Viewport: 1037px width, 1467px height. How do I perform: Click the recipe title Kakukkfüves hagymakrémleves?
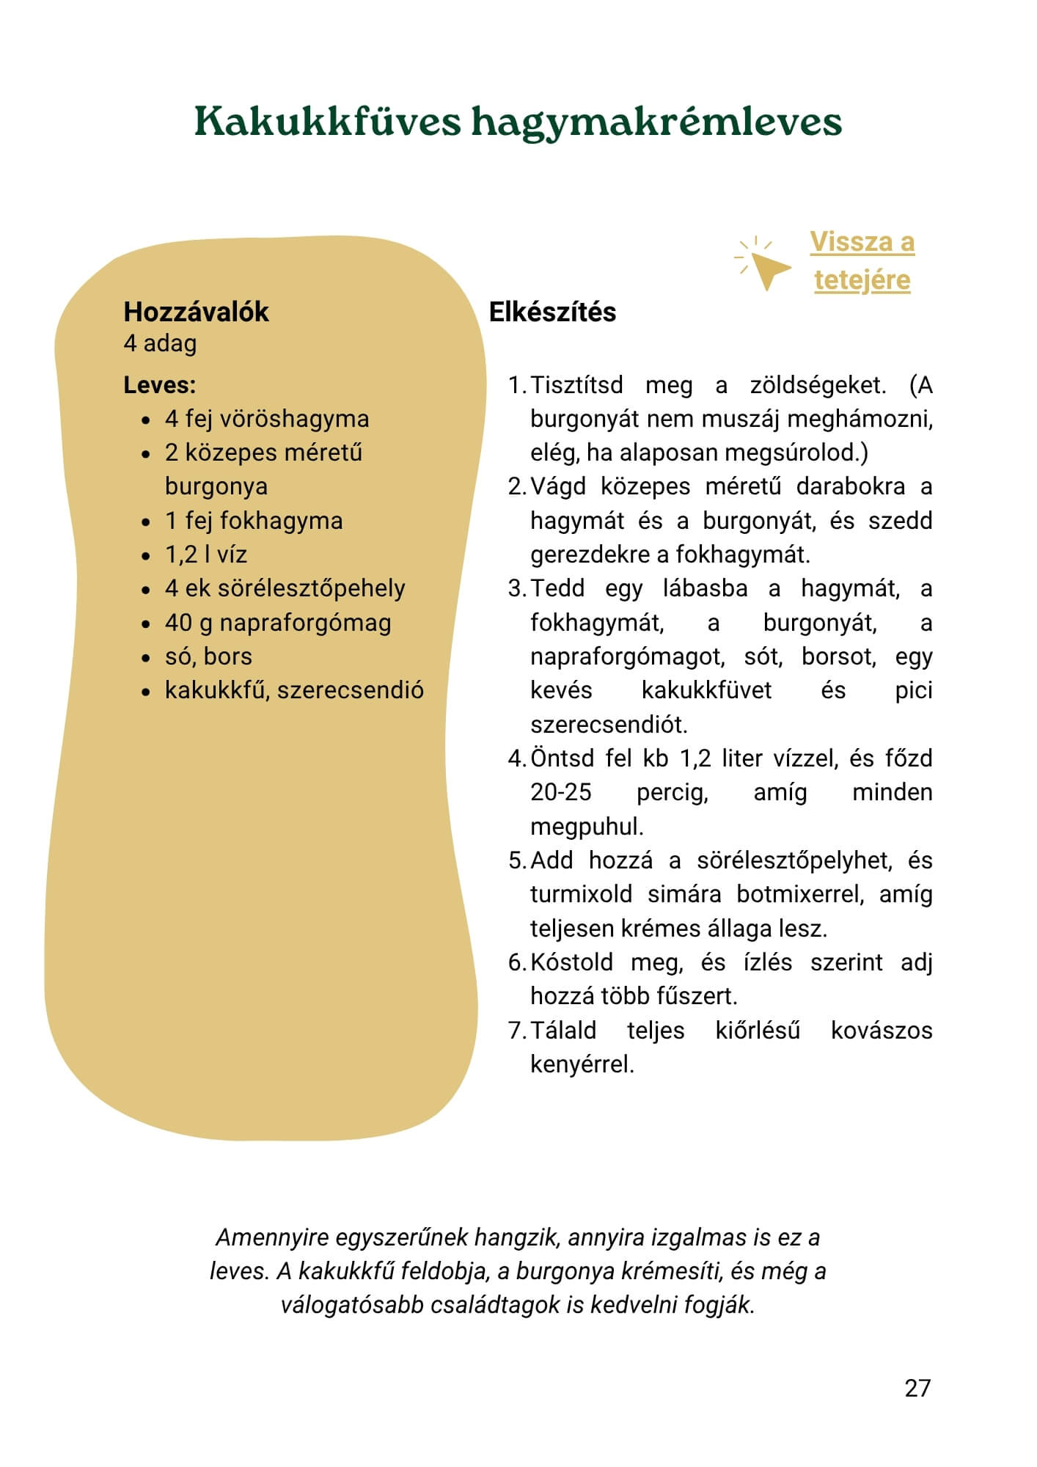coord(518,122)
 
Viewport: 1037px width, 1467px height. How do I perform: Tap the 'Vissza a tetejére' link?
coord(862,260)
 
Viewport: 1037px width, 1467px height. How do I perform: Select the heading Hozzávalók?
coord(196,312)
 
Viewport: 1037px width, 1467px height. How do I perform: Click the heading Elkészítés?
coord(552,312)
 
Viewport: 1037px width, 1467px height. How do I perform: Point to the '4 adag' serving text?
coord(160,343)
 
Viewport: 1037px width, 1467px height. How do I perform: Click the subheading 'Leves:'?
coord(159,385)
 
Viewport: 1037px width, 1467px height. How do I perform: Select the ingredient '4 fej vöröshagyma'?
coord(266,419)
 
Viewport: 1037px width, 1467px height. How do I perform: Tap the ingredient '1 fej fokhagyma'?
coord(253,521)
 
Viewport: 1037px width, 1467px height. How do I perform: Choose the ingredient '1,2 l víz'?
coord(205,555)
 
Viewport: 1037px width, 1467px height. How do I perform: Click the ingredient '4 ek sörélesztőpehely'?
coord(285,588)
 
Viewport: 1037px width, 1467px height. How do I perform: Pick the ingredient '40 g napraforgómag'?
coord(277,623)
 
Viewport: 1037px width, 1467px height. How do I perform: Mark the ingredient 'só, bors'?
coord(208,656)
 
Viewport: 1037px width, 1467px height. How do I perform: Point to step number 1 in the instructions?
coord(516,385)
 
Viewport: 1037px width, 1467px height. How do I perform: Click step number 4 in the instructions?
coord(516,758)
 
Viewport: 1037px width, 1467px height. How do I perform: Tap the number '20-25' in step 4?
coord(561,792)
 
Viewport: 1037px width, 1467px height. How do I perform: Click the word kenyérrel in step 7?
coord(582,1064)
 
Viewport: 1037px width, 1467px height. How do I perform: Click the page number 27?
coord(917,1388)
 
